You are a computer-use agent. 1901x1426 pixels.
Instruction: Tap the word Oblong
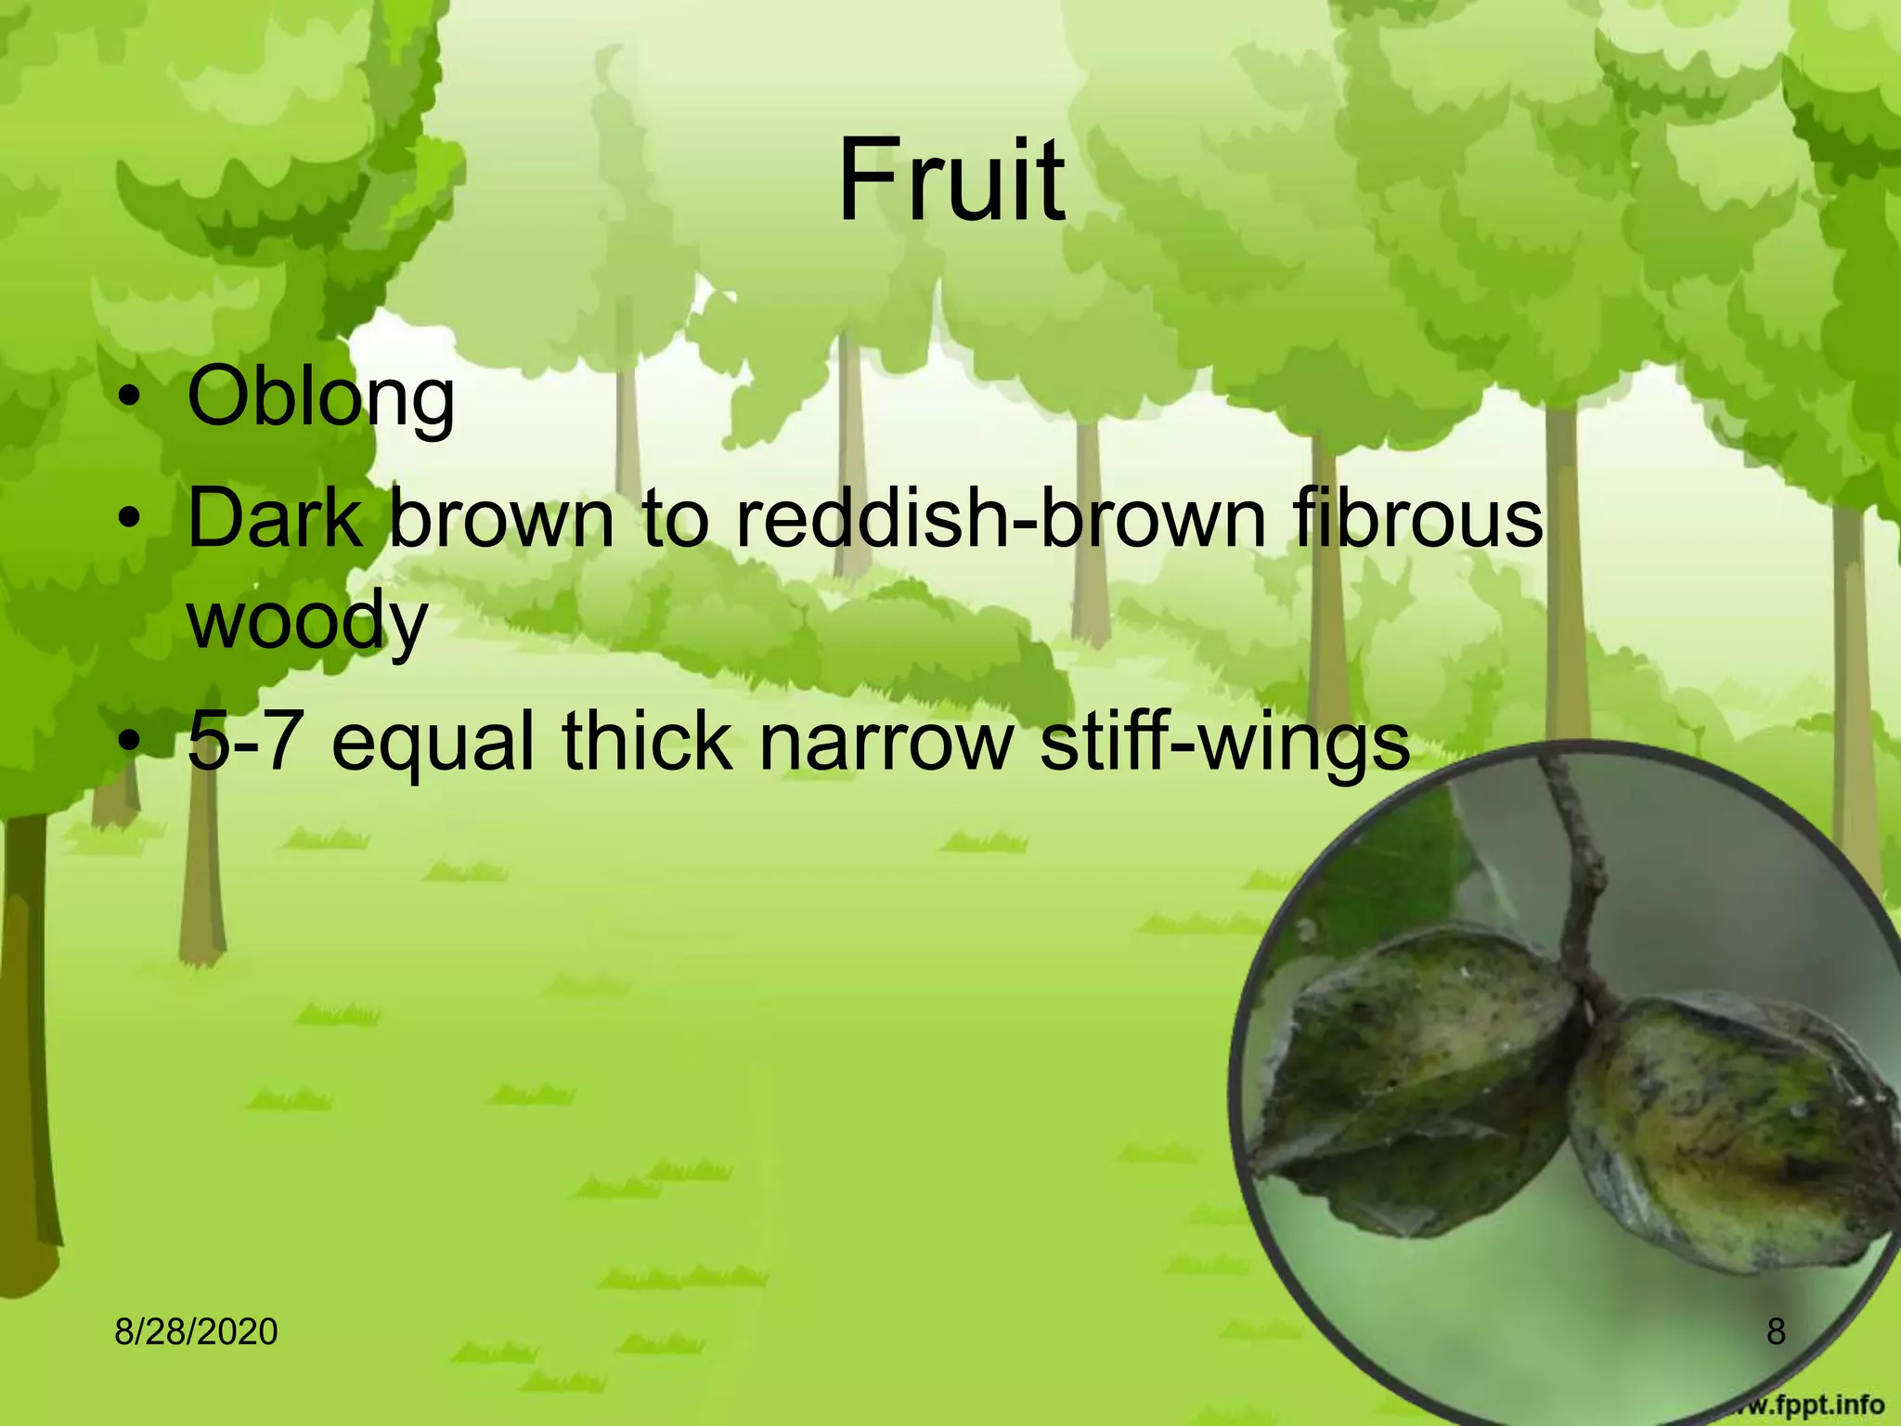click(x=320, y=398)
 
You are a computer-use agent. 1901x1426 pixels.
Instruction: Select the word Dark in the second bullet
click(x=275, y=518)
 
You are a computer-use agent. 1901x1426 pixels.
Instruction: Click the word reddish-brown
click(x=1002, y=518)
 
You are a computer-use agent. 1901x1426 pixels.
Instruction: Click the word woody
click(x=307, y=622)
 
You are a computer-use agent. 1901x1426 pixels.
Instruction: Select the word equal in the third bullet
click(x=433, y=742)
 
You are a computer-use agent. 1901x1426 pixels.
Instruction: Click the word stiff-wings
click(x=1224, y=742)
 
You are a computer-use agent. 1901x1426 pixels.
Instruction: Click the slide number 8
click(x=1776, y=1331)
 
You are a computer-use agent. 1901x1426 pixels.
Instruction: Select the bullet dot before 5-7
click(x=131, y=744)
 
